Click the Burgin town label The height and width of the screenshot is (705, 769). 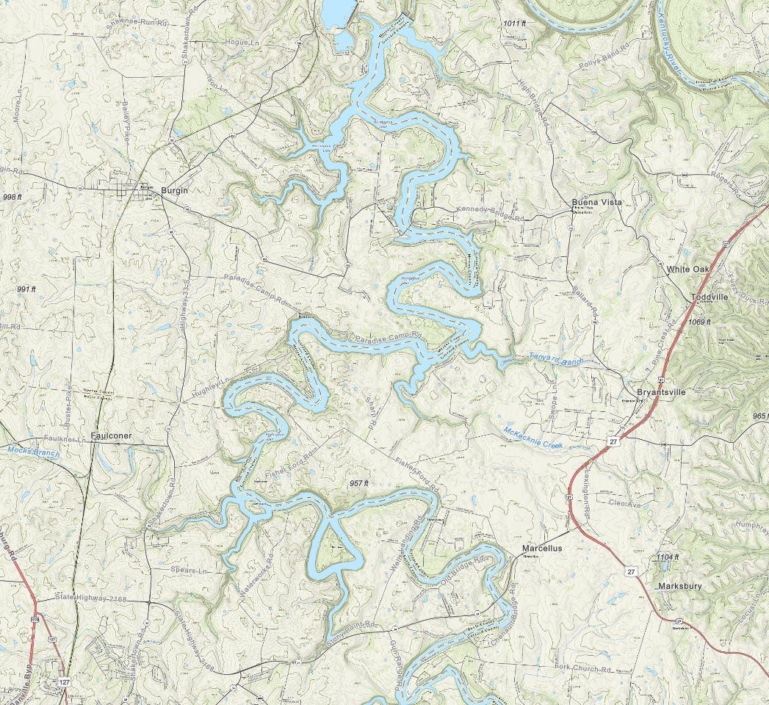(x=174, y=191)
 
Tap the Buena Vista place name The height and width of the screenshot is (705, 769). (x=596, y=202)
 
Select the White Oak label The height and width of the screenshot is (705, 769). (x=687, y=270)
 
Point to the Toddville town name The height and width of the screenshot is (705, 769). (x=710, y=297)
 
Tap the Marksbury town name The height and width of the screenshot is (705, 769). (x=679, y=587)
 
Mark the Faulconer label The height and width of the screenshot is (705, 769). (x=111, y=435)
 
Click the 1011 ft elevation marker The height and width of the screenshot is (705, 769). (x=515, y=24)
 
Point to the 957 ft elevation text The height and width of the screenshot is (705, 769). (x=359, y=483)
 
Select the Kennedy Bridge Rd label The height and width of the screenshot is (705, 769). (x=489, y=214)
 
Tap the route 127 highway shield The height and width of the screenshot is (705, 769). (x=64, y=682)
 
